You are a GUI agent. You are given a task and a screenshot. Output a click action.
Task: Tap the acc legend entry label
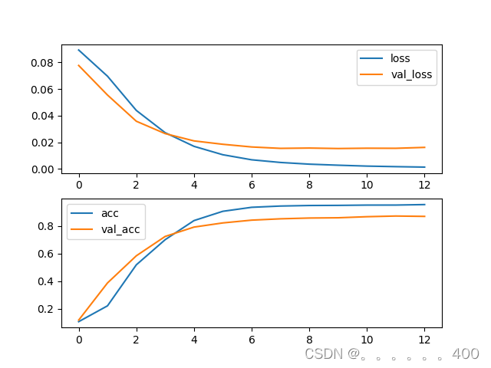110,212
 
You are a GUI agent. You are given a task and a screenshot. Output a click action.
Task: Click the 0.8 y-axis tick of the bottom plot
48,226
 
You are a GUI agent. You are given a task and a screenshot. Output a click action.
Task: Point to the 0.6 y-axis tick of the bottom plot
48,254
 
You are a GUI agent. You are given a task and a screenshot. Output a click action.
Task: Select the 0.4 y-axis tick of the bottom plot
48,281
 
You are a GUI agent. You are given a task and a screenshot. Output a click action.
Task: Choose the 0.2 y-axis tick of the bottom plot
48,309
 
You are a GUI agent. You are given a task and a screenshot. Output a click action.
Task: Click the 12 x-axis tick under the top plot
425,185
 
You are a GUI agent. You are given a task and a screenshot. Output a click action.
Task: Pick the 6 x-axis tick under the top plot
252,185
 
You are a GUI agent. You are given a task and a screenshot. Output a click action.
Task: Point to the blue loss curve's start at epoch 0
79,50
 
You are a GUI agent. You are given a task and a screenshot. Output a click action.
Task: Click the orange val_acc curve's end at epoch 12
424,216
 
